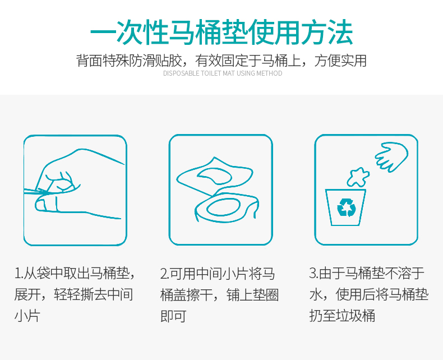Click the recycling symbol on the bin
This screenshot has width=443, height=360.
pyautogui.click(x=347, y=207)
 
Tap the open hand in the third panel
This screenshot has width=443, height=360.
pyautogui.click(x=391, y=157)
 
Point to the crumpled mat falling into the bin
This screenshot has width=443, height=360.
pyautogui.click(x=358, y=177)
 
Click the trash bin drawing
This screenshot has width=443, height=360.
pyautogui.click(x=346, y=207)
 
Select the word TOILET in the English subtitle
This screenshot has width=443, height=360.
pyautogui.click(x=211, y=73)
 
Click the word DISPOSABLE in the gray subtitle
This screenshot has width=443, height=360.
pyautogui.click(x=181, y=73)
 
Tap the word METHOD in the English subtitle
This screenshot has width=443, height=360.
pyautogui.click(x=269, y=73)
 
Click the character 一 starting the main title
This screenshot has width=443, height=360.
pyautogui.click(x=103, y=32)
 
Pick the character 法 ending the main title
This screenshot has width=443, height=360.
pyautogui.click(x=340, y=32)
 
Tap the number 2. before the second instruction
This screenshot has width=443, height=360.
pyautogui.click(x=165, y=274)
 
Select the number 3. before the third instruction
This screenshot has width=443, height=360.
pyautogui.click(x=314, y=274)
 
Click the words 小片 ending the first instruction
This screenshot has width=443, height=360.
pyautogui.click(x=27, y=315)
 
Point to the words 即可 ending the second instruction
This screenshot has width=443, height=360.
pyautogui.click(x=173, y=315)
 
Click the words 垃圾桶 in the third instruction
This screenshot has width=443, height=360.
pyautogui.click(x=356, y=315)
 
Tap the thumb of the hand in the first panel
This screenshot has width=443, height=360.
pyautogui.click(x=47, y=204)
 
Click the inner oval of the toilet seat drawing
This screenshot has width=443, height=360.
pyautogui.click(x=224, y=208)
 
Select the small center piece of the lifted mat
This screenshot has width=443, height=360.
pyautogui.click(x=215, y=176)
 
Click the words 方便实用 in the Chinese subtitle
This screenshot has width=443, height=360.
pyautogui.click(x=340, y=61)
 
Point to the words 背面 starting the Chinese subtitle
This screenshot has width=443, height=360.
pyautogui.click(x=89, y=61)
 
